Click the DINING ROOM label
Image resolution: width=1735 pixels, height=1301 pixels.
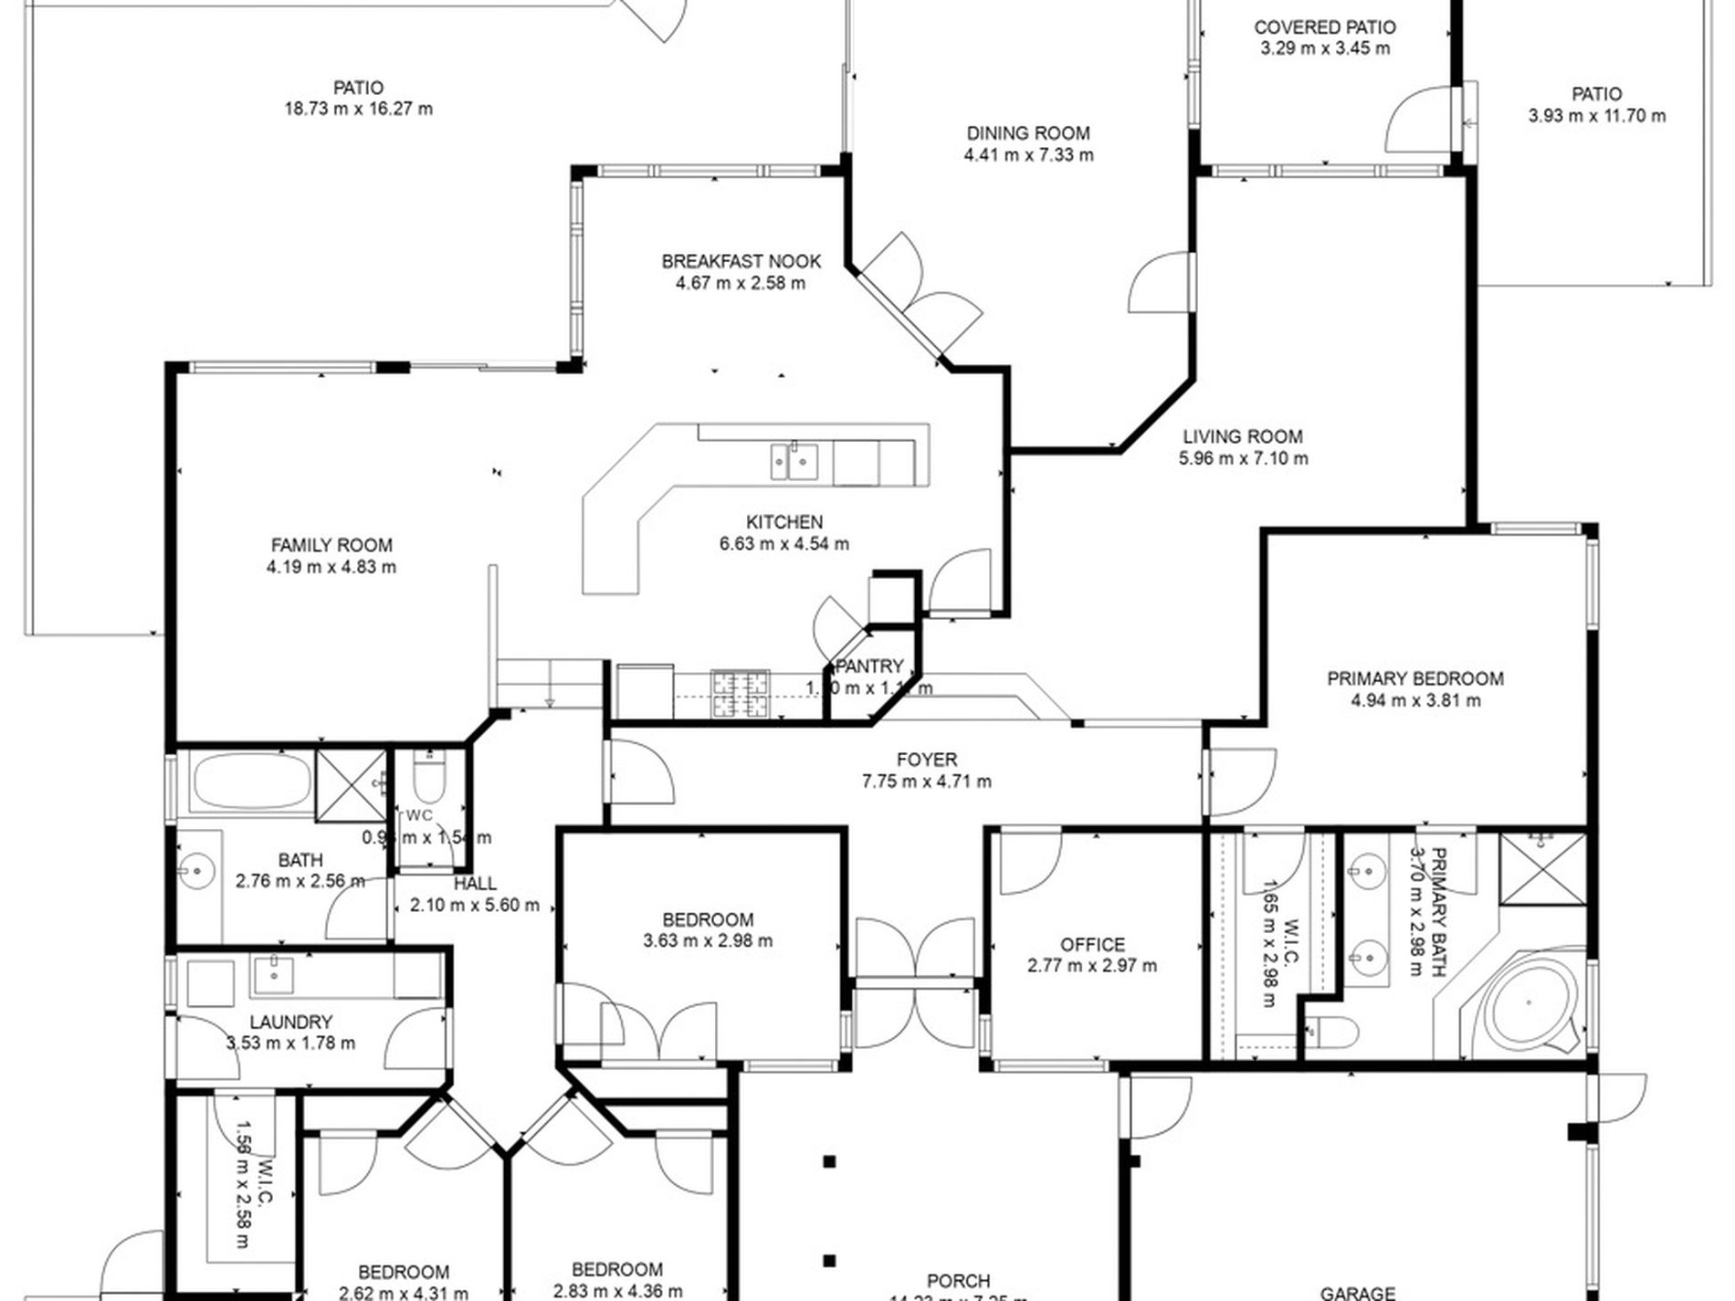[1028, 133]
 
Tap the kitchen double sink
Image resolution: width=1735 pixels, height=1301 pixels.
[793, 460]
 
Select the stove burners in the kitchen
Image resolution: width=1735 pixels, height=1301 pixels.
[741, 693]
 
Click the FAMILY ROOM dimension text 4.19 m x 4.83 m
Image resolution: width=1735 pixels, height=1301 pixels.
[331, 567]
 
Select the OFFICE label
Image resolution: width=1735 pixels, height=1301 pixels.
[1092, 944]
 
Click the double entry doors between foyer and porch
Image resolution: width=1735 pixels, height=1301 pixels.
[915, 950]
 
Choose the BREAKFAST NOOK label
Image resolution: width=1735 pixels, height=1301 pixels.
[741, 261]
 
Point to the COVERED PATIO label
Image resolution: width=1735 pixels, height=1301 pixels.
[1325, 27]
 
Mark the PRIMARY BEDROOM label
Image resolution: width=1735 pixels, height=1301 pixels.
[1414, 678]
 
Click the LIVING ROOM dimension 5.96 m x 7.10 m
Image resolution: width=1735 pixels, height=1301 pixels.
[1243, 458]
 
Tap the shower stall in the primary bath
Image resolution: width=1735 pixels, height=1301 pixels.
[1543, 868]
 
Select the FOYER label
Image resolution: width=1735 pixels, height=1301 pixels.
[926, 760]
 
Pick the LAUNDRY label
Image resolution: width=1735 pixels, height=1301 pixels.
[290, 1022]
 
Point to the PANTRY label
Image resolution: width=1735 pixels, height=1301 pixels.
[869, 666]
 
